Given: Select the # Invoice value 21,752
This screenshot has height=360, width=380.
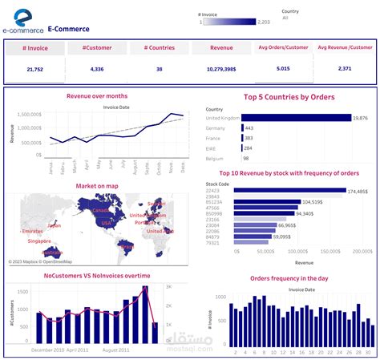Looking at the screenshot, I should [x=35, y=70].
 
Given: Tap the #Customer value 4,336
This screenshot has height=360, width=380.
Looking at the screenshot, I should [x=97, y=70].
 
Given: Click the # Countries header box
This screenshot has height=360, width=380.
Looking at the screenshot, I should [x=159, y=48].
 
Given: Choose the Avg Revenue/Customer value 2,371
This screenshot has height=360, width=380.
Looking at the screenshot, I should [x=345, y=69].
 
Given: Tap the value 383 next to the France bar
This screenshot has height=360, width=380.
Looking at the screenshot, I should [x=249, y=138].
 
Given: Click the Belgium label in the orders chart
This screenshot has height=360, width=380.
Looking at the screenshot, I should [x=216, y=158].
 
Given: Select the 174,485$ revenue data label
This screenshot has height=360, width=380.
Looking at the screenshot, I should [x=358, y=191].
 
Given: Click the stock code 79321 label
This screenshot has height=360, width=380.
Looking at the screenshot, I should [x=213, y=243].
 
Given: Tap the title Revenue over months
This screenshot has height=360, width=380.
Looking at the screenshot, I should [x=96, y=96].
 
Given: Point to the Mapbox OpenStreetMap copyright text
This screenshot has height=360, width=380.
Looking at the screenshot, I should [x=41, y=261].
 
